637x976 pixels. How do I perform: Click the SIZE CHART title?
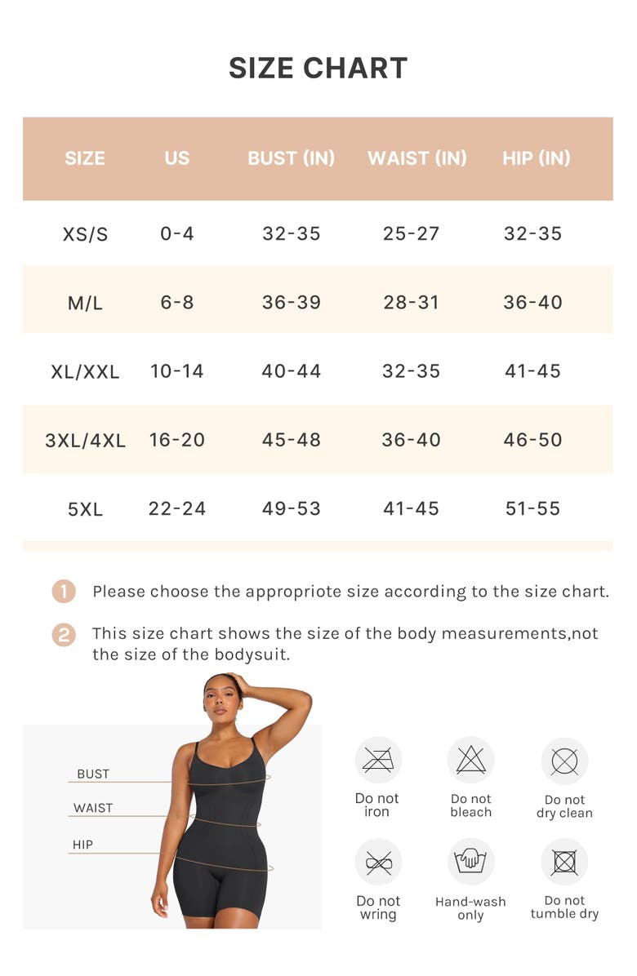click(318, 69)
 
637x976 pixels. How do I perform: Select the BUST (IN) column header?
click(292, 158)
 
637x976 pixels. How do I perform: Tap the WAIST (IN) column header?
click(417, 158)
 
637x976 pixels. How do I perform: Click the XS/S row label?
click(85, 234)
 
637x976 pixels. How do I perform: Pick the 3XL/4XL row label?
click(85, 441)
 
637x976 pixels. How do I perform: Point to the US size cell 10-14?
click(177, 371)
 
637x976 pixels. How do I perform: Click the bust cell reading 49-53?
click(292, 509)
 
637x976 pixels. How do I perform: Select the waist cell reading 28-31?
click(412, 303)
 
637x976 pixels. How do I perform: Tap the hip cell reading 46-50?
click(532, 441)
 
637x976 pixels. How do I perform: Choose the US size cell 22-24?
click(177, 509)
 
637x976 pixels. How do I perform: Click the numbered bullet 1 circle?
click(64, 592)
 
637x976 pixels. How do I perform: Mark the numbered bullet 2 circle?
click(64, 634)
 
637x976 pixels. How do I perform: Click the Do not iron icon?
click(378, 761)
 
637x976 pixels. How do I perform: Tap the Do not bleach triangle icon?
click(471, 761)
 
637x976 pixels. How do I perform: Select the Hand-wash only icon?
click(471, 862)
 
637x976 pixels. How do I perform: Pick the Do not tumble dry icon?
click(564, 862)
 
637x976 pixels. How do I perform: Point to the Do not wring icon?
click(378, 862)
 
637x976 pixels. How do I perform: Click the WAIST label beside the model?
click(93, 808)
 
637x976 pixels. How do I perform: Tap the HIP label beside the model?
click(82, 845)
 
